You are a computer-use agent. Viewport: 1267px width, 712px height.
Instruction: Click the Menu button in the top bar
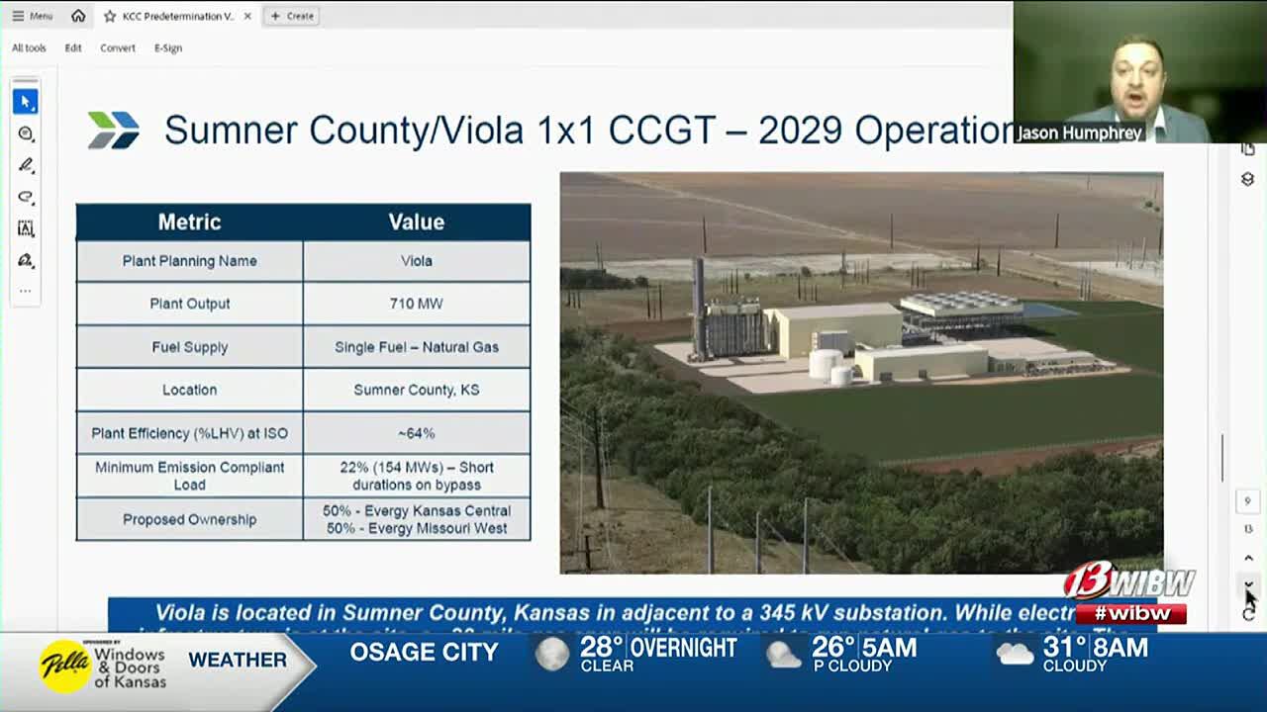(33, 16)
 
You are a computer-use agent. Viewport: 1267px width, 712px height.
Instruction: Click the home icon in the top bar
(78, 16)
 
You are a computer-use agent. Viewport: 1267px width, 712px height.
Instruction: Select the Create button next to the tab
(292, 16)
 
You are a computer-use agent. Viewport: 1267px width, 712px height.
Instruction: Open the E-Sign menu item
(168, 47)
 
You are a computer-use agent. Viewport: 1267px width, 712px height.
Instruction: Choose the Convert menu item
(118, 47)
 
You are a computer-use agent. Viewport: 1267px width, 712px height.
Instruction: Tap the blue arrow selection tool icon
(26, 102)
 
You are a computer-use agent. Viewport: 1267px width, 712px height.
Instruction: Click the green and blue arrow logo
(114, 130)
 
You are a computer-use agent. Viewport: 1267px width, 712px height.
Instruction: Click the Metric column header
(189, 222)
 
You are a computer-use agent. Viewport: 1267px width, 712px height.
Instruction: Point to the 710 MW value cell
(416, 304)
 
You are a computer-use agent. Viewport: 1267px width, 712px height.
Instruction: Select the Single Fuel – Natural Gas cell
(416, 347)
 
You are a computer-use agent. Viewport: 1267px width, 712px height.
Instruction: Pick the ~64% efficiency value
(416, 433)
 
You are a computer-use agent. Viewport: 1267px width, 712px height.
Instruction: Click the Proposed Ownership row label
(189, 519)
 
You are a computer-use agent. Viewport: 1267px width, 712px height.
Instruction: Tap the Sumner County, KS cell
(416, 390)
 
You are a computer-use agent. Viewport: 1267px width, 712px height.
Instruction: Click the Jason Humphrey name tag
(1079, 133)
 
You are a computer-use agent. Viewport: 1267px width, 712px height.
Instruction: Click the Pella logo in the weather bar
(64, 666)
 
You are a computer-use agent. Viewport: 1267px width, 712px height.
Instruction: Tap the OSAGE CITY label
(424, 653)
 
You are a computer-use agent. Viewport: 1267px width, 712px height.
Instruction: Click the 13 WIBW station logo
(1128, 582)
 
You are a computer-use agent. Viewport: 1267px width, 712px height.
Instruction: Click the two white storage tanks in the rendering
(828, 367)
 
